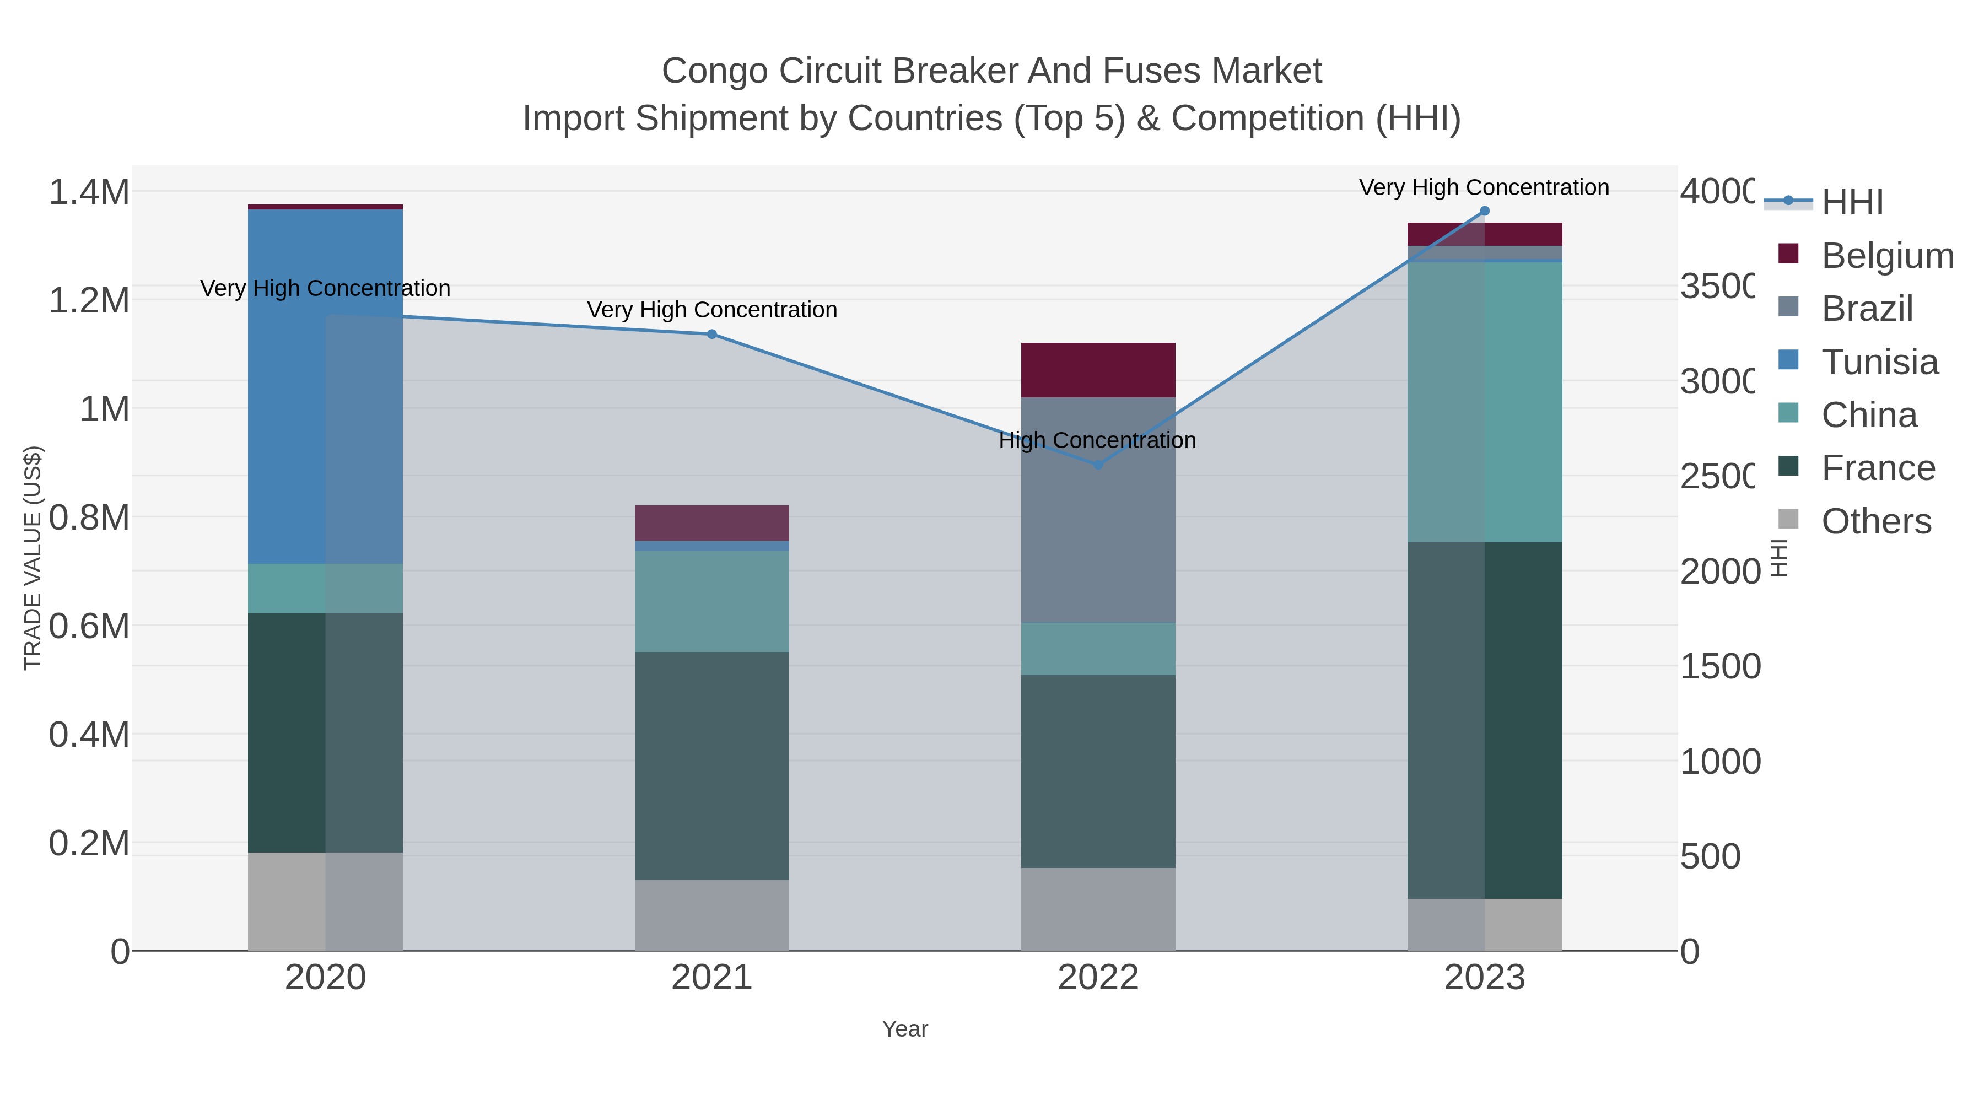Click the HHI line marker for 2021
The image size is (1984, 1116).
tap(711, 335)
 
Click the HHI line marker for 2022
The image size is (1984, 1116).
tap(1098, 465)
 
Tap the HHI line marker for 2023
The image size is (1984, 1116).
tap(1485, 211)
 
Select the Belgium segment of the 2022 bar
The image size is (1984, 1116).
tap(1098, 370)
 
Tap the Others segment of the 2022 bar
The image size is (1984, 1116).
tap(1098, 909)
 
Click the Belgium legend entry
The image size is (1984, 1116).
tap(1887, 256)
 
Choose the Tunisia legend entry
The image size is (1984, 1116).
tap(1879, 362)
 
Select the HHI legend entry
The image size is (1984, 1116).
tap(1852, 203)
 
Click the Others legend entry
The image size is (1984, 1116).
tap(1876, 521)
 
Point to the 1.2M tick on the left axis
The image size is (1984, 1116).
tap(89, 300)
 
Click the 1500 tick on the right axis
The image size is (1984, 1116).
tap(1719, 666)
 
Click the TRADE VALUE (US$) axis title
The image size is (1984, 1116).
tap(33, 558)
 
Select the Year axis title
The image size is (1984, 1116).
tap(905, 1029)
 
